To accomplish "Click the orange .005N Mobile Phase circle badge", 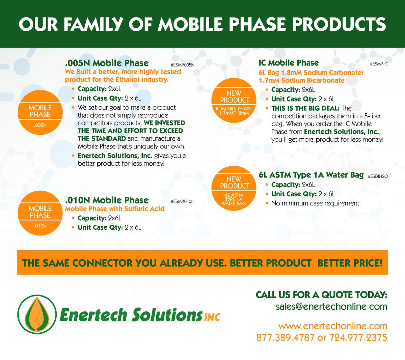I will tap(40, 112).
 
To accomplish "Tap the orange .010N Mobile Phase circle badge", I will tap(40, 213).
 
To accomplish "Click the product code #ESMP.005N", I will tap(183, 65).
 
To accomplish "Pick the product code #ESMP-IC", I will tap(379, 64).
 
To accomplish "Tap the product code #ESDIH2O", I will tap(378, 176).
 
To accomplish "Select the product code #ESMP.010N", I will tap(183, 201).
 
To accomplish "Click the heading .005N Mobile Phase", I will tap(107, 63).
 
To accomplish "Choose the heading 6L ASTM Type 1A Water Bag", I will tap(311, 175).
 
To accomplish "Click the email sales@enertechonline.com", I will tap(331, 307).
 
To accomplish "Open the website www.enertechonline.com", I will tap(333, 326).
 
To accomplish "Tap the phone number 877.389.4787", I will tap(285, 337).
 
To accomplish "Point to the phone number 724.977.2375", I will tap(358, 337).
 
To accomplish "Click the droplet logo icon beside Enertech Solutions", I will tap(37, 314).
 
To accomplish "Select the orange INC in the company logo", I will tap(212, 317).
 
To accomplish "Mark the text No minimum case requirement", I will tap(316, 203).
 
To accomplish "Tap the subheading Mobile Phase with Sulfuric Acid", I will tap(115, 209).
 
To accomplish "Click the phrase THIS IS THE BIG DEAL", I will tap(305, 108).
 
